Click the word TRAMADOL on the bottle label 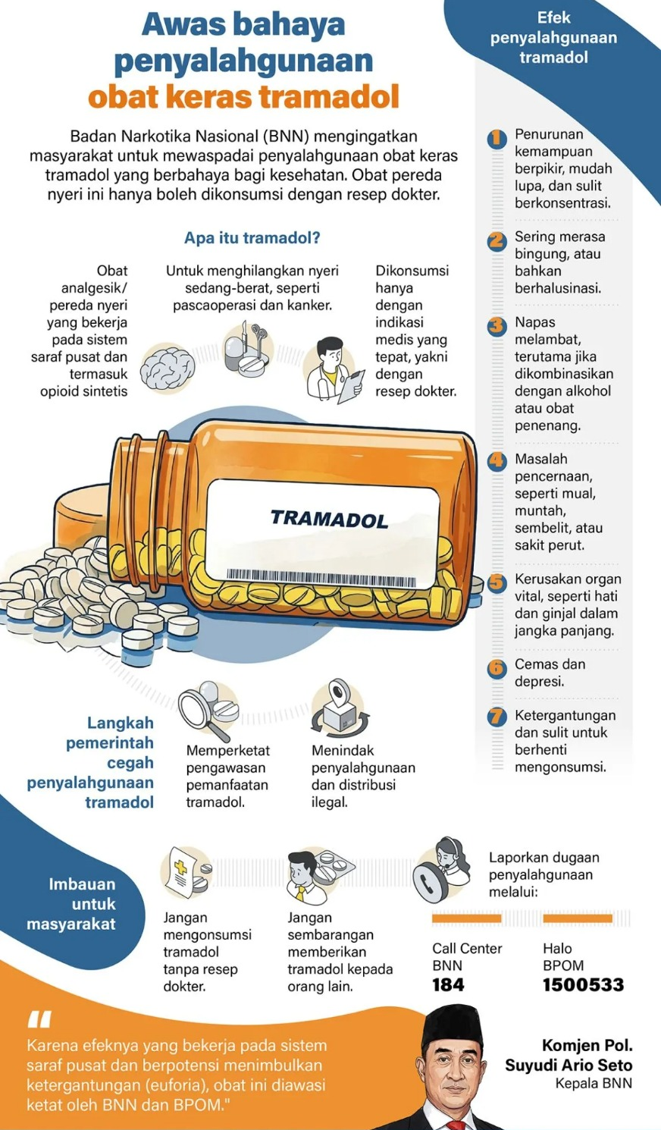[328, 519]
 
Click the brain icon [168, 368]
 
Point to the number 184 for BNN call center [447, 985]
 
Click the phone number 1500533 [582, 985]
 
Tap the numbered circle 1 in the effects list [497, 138]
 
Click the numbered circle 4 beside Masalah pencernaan [497, 460]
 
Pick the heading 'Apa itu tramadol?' [252, 238]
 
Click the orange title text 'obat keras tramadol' [243, 97]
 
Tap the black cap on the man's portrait [453, 1020]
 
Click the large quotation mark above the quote [39, 1019]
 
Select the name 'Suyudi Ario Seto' [569, 1066]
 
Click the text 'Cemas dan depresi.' [550, 673]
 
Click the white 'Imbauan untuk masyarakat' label [71, 904]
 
